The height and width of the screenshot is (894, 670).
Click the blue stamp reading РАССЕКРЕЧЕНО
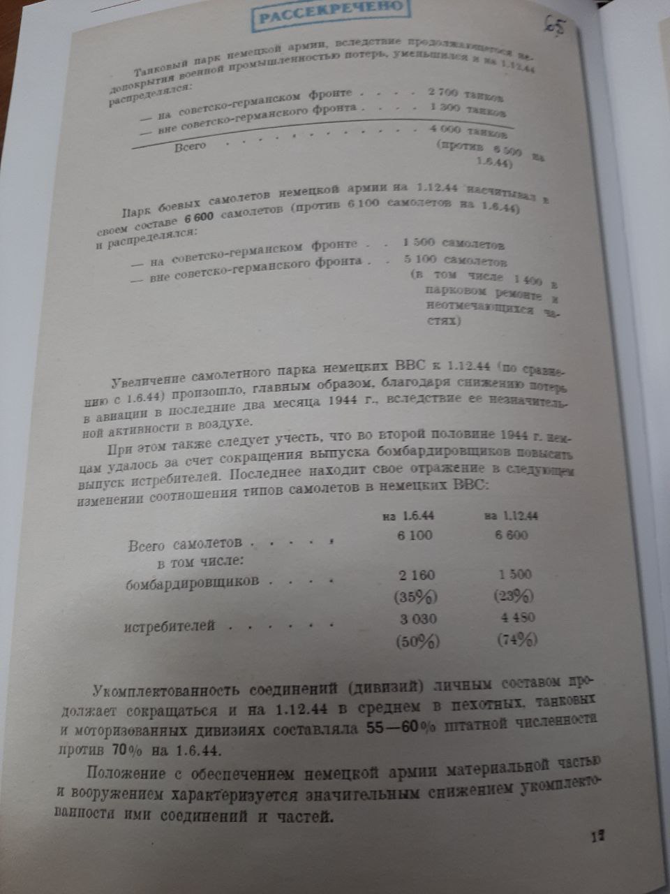tap(330, 15)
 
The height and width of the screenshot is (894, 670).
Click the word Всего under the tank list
tap(190, 146)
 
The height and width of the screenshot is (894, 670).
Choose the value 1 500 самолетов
tap(454, 244)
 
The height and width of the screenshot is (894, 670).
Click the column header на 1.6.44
tap(409, 516)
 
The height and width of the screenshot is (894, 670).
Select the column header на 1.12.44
tap(510, 516)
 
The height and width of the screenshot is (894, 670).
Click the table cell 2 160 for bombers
tap(417, 576)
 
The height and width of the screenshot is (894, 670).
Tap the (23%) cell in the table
tap(514, 596)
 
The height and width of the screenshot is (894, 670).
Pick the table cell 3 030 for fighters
tap(417, 619)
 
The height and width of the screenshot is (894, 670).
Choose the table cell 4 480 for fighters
tap(516, 618)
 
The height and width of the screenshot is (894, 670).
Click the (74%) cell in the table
tap(517, 640)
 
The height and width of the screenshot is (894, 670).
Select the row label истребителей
tap(170, 626)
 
